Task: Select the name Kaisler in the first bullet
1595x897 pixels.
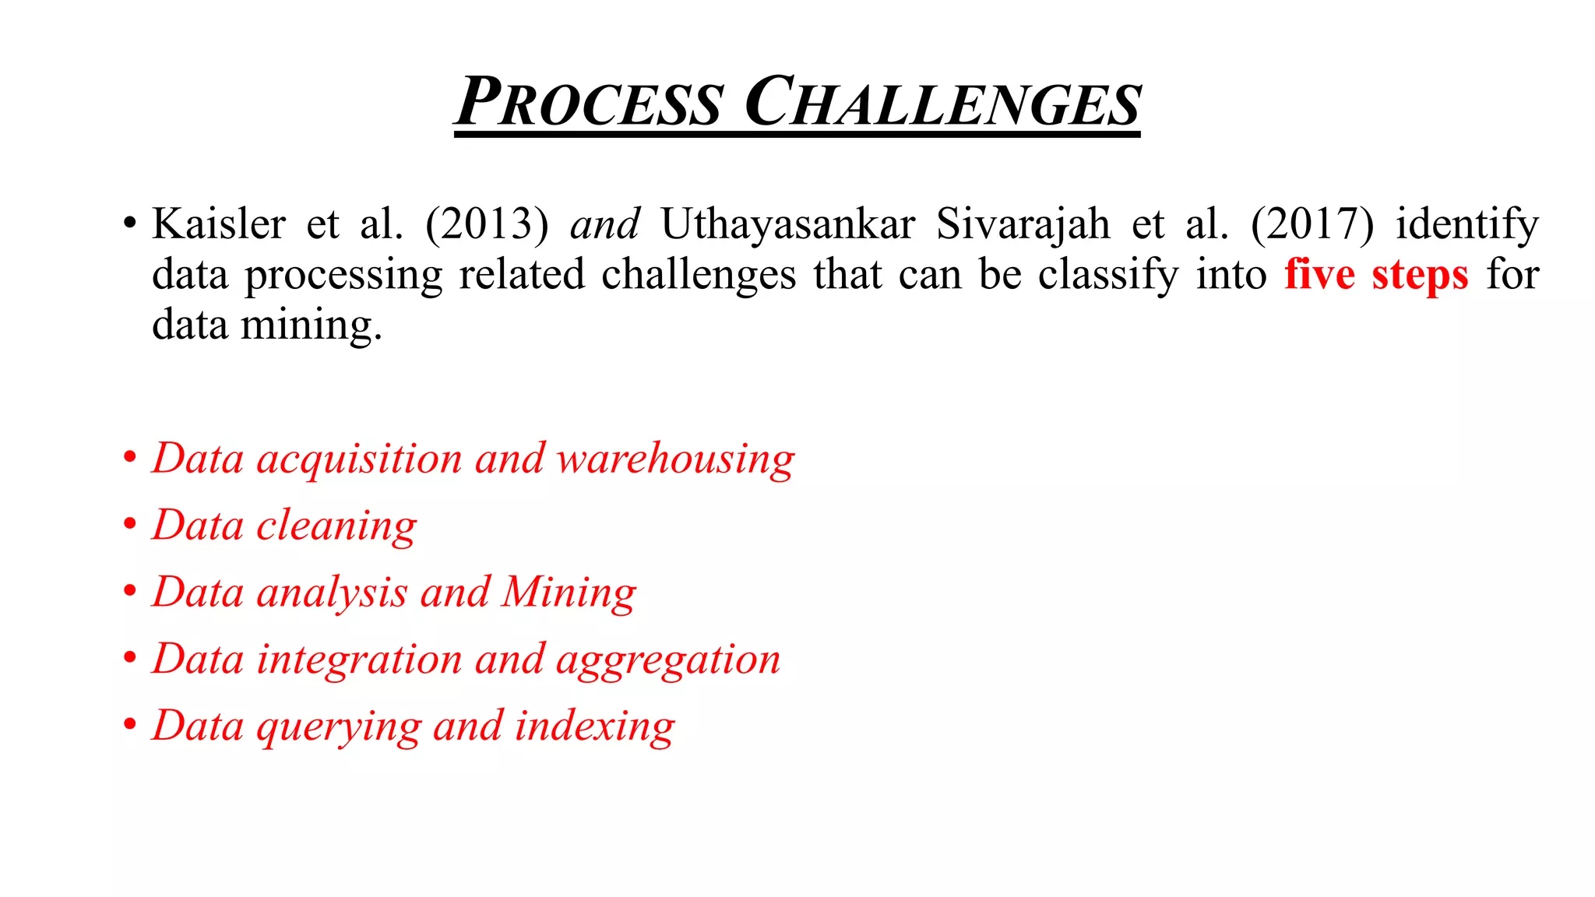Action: tap(219, 224)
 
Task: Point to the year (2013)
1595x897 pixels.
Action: tap(487, 224)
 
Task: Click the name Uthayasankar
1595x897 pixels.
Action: tap(788, 224)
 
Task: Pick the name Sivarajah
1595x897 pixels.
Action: tap(1023, 224)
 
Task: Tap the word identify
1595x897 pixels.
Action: tap(1467, 224)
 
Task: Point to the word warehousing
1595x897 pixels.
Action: tap(675, 459)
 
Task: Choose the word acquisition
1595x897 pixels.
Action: tap(360, 459)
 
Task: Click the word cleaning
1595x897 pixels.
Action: tap(336, 526)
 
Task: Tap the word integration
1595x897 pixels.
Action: tap(360, 660)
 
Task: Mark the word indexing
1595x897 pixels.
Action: tap(595, 727)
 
